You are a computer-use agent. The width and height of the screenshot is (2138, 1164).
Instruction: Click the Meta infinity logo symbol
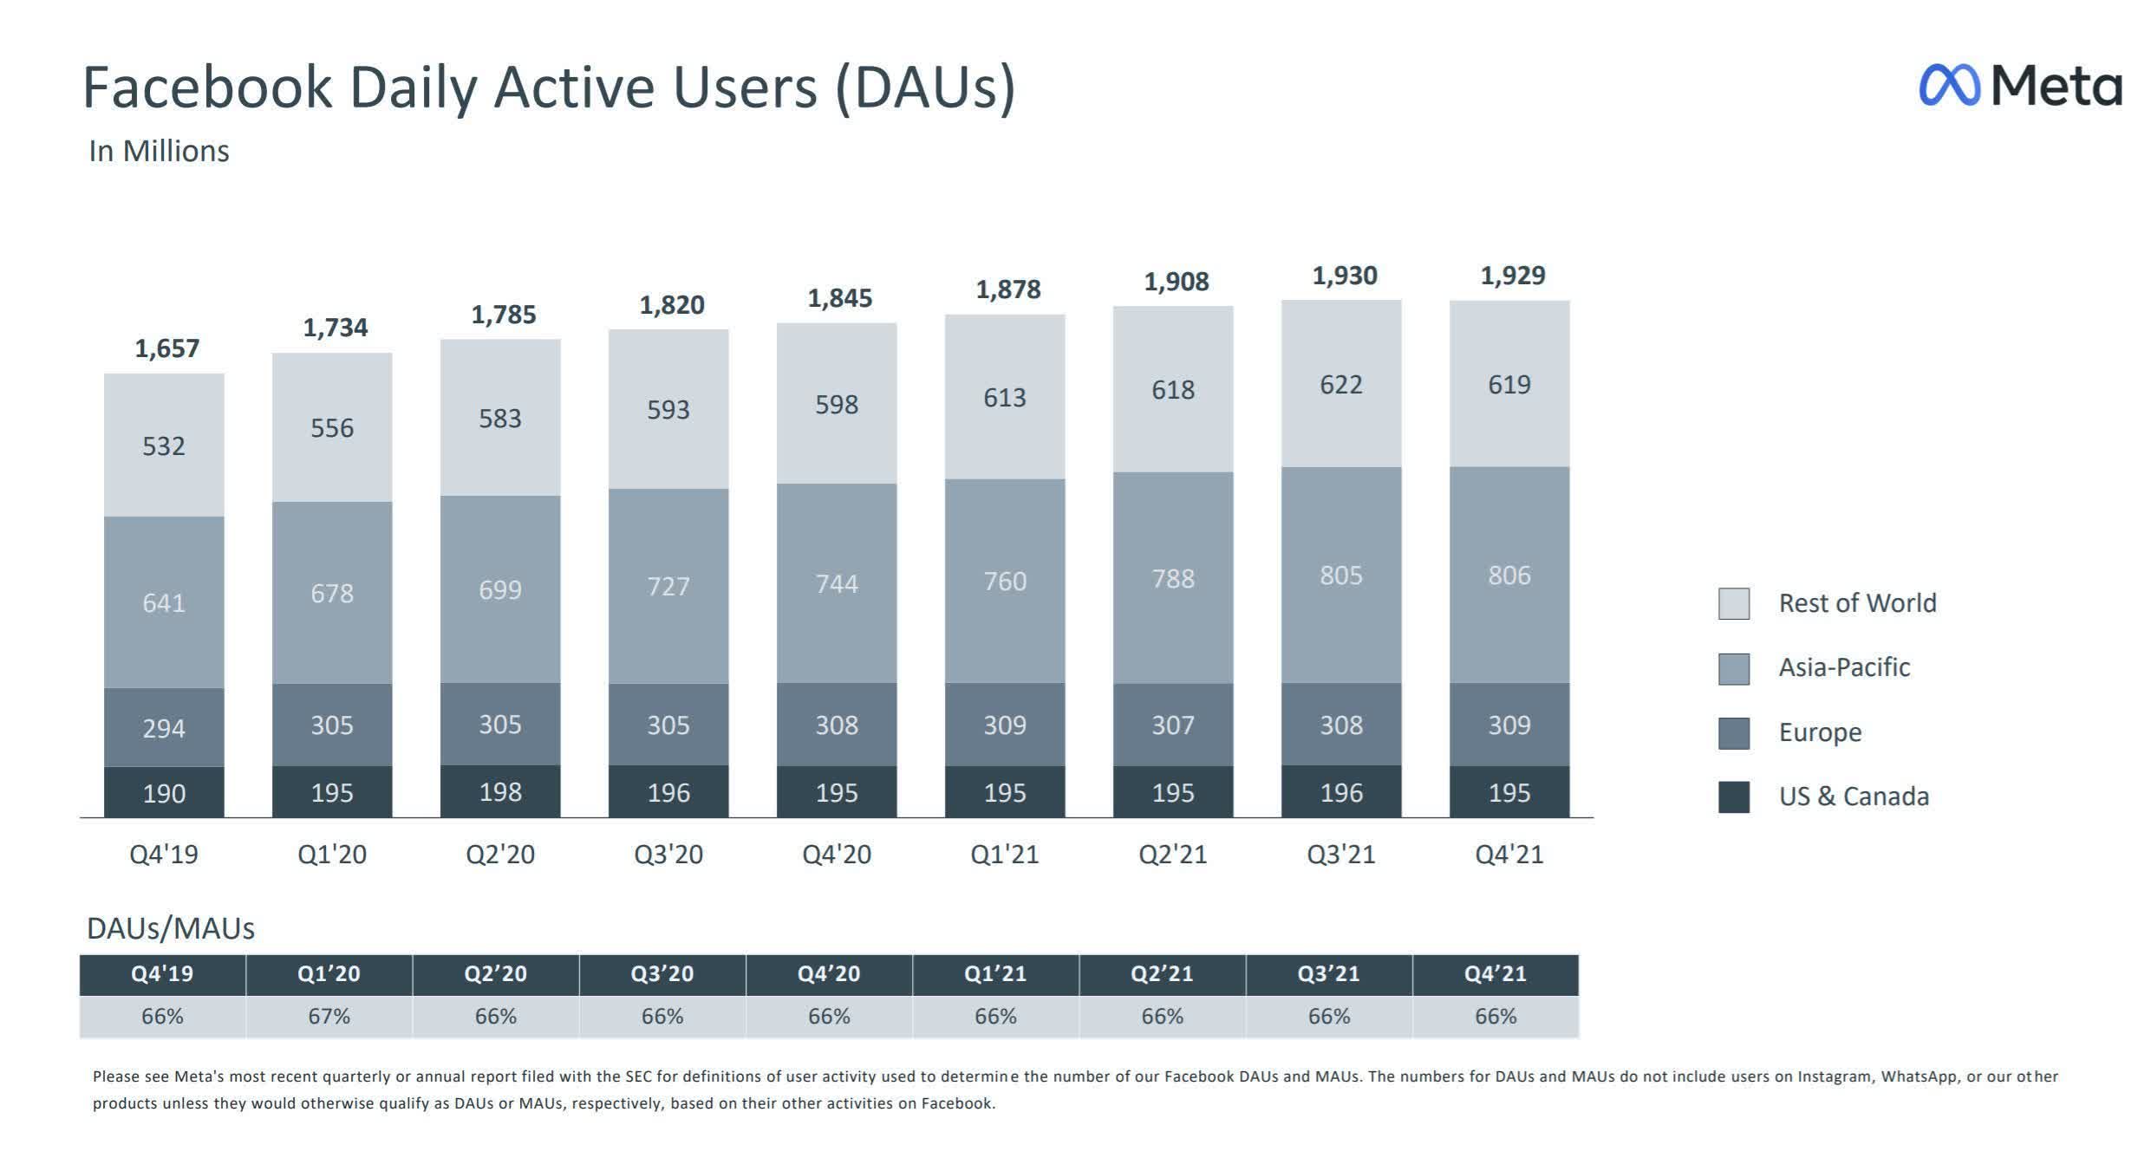tap(1949, 86)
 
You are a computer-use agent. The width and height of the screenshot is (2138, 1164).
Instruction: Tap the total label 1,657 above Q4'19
tap(166, 348)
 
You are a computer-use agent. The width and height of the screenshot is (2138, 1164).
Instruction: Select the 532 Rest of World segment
tap(164, 445)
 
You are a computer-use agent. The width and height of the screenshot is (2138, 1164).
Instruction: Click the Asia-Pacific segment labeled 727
tap(668, 586)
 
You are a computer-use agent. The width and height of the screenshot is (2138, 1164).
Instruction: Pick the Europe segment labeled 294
tap(164, 727)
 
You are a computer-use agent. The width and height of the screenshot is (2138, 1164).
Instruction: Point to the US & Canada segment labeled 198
tap(500, 791)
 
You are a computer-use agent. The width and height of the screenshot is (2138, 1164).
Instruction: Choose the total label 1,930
tap(1344, 276)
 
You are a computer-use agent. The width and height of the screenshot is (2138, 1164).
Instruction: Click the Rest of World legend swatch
tap(1733, 603)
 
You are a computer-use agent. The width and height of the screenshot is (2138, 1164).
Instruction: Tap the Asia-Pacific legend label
tap(1844, 667)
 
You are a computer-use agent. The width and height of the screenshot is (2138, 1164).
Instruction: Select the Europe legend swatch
tap(1733, 732)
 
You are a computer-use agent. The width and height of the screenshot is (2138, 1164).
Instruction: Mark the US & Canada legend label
tap(1854, 797)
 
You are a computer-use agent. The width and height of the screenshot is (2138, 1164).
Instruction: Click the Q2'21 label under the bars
tap(1172, 855)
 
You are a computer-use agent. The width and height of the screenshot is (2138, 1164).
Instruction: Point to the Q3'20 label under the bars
tap(668, 855)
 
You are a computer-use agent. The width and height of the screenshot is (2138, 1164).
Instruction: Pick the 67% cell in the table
tap(329, 1016)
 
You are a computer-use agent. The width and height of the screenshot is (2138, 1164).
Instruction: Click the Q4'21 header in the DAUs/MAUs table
tap(1495, 974)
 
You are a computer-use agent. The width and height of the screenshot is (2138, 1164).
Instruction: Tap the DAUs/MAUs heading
tap(170, 928)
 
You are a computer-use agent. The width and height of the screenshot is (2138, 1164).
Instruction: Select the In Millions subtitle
tap(159, 151)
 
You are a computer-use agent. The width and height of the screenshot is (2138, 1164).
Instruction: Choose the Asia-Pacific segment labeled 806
tap(1509, 575)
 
